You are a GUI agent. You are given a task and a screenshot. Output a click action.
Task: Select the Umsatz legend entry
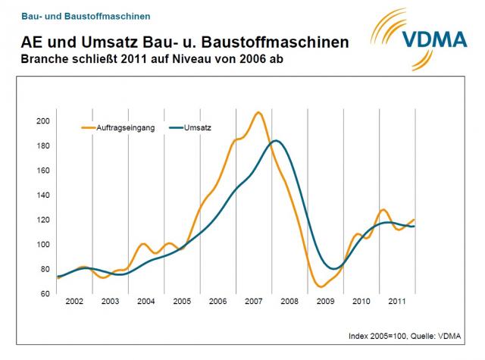pyautogui.click(x=198, y=127)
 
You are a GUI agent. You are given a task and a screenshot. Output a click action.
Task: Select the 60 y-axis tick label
pyautogui.click(x=44, y=293)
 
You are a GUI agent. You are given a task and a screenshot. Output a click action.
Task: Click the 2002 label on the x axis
pyautogui.click(x=74, y=302)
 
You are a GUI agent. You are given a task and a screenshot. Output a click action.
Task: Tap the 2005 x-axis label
pyautogui.click(x=182, y=302)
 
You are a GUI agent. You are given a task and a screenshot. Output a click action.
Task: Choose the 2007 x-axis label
pyautogui.click(x=254, y=302)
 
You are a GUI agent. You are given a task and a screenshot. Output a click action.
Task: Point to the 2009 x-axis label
pyautogui.click(x=326, y=302)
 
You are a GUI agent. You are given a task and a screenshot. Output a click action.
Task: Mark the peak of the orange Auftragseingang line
pyautogui.click(x=258, y=112)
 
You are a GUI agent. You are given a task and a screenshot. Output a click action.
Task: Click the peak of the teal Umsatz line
pyautogui.click(x=277, y=141)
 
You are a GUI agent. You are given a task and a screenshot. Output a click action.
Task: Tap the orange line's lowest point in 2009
pyautogui.click(x=321, y=287)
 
